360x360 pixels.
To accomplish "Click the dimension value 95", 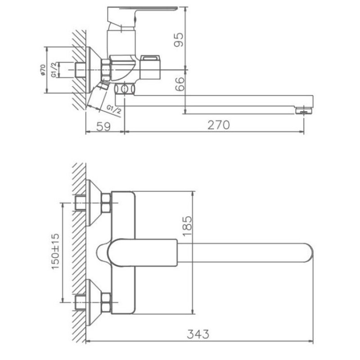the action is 179,40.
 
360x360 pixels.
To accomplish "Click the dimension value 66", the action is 180,84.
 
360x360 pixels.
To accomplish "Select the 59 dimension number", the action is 103,126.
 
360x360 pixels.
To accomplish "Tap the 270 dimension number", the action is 219,125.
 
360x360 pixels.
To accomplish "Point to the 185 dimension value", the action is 187,226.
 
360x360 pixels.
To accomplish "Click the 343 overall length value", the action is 198,334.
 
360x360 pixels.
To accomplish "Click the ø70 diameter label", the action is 43,70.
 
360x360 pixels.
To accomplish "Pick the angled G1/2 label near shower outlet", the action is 114,109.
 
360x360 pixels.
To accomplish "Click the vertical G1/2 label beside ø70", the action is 54,70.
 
